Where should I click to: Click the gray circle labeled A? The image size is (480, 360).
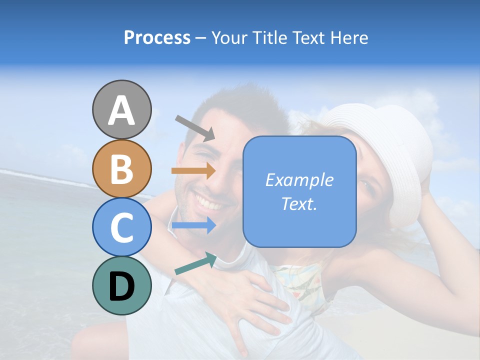click(121, 109)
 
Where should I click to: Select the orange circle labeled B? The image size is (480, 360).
click(121, 168)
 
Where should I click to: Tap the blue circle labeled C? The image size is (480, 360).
click(121, 227)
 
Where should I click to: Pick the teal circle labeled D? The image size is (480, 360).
click(121, 285)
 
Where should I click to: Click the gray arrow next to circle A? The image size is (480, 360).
click(195, 127)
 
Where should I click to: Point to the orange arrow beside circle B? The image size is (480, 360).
click(193, 171)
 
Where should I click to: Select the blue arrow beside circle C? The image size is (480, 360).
click(193, 225)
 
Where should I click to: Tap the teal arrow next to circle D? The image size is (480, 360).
click(195, 264)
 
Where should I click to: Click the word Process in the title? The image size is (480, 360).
click(157, 37)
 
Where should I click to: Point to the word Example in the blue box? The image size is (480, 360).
click(299, 180)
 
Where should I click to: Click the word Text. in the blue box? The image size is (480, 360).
click(299, 203)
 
